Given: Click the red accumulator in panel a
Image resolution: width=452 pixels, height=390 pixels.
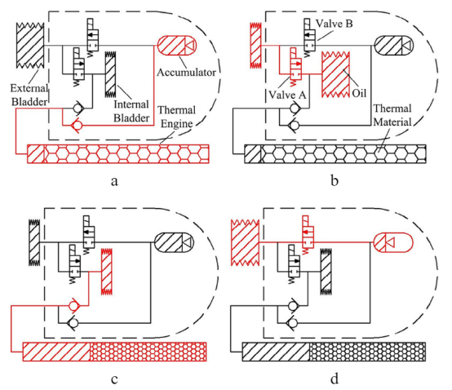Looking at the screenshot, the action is click(x=177, y=45).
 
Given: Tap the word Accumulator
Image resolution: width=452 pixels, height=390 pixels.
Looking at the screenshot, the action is click(x=186, y=73).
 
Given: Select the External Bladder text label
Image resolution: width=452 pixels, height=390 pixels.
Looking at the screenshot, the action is click(x=29, y=95).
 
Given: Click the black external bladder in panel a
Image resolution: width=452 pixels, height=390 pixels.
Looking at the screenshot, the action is click(x=30, y=46).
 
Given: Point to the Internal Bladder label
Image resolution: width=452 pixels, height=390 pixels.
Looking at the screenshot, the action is click(x=131, y=111).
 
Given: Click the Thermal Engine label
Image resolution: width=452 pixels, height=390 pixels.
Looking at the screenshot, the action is click(x=177, y=117).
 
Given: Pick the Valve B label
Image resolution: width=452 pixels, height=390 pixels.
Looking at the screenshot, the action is click(x=334, y=24).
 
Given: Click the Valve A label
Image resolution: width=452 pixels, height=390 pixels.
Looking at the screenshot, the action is click(x=287, y=95).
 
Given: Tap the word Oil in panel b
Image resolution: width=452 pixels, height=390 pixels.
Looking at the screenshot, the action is click(x=359, y=93).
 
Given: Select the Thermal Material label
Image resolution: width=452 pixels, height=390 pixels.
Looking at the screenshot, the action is click(x=392, y=115).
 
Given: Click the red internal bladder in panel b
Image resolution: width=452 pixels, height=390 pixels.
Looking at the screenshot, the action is click(x=335, y=74).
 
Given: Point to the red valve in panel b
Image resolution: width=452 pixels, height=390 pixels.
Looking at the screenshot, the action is click(x=295, y=67).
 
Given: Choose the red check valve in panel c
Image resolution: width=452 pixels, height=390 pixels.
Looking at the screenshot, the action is click(x=73, y=305).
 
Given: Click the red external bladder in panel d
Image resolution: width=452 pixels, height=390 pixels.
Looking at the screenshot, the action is click(x=245, y=242).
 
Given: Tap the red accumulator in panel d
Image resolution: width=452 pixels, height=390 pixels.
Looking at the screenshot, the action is click(x=393, y=242).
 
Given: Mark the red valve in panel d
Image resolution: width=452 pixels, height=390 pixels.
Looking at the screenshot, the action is click(x=308, y=234).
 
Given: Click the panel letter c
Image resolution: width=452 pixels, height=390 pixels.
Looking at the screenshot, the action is click(x=114, y=379).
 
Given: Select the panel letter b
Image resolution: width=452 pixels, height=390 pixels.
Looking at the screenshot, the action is click(x=335, y=181).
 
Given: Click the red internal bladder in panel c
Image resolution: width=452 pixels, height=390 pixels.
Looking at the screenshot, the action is click(x=106, y=271).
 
